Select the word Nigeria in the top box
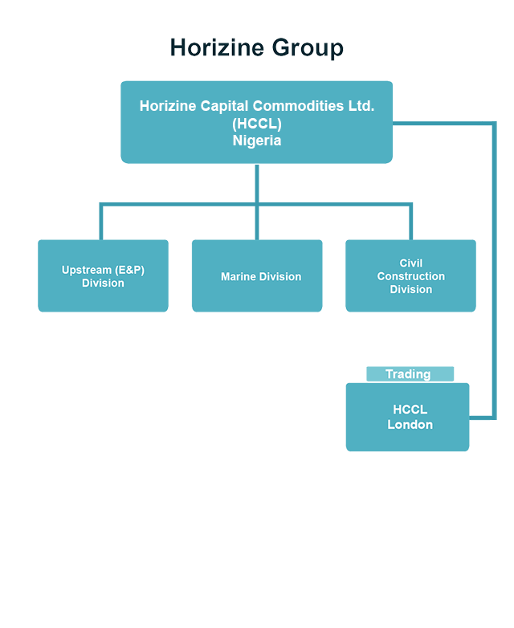257,140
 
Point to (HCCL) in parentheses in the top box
257,123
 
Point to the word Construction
410,276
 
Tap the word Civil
410,263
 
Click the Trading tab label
410,374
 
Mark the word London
410,425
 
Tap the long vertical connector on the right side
493,273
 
